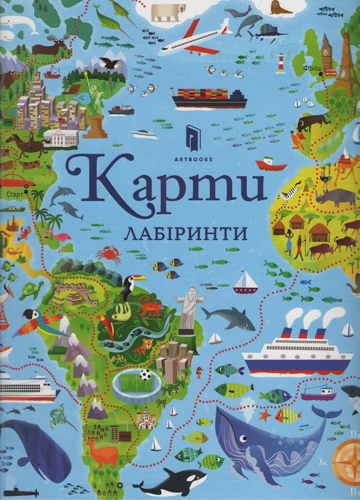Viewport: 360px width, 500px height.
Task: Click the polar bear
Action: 168,12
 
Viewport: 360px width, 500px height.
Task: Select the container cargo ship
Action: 209,98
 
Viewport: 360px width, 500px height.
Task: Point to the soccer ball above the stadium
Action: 146,375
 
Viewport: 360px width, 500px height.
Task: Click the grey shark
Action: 228,318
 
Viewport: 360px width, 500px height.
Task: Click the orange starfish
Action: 264,415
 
